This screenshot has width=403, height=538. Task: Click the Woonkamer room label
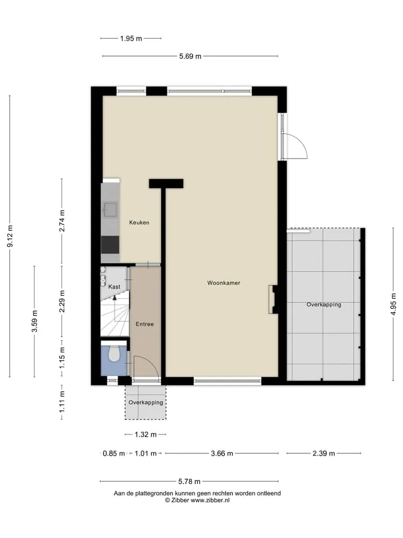pos(223,283)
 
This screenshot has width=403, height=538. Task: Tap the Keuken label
pos(139,222)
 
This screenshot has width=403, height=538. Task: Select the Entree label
pos(144,324)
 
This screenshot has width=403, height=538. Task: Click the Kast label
pos(114,286)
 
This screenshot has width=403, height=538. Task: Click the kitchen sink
pos(110,209)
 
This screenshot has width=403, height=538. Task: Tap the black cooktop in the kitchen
pos(110,245)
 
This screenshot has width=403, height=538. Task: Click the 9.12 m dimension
pos(10,236)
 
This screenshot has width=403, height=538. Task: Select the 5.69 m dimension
pos(190,56)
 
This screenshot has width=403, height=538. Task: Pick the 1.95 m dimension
pos(131,39)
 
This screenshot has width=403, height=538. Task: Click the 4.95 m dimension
pos(393,304)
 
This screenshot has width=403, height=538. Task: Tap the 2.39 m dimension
pos(324,453)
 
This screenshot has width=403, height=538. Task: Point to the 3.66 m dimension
pos(222,453)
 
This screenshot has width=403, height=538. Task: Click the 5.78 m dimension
pos(189,482)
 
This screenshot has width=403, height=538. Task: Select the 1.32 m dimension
pos(146,435)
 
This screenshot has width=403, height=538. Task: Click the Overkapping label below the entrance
pos(146,402)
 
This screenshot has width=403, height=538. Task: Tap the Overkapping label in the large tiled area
pos(324,304)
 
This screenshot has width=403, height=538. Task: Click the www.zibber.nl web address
pos(210,500)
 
